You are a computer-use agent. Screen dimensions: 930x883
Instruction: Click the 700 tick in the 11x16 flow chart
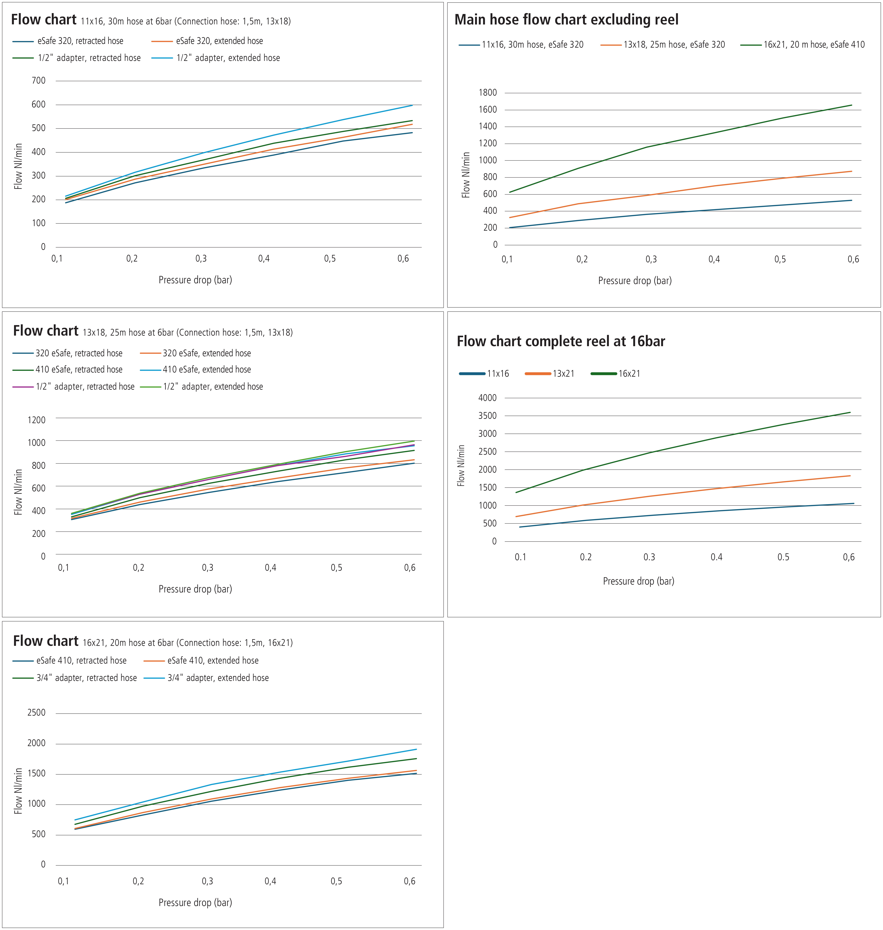pyautogui.click(x=39, y=80)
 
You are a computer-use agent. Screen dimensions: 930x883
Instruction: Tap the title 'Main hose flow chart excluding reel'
pyautogui.click(x=566, y=20)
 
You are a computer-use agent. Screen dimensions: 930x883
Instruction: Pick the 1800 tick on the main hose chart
pyautogui.click(x=488, y=93)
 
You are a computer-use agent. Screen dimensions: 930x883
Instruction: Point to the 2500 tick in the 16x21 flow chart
pyautogui.click(x=37, y=713)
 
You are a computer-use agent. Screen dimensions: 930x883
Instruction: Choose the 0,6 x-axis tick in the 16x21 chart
pyautogui.click(x=409, y=881)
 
